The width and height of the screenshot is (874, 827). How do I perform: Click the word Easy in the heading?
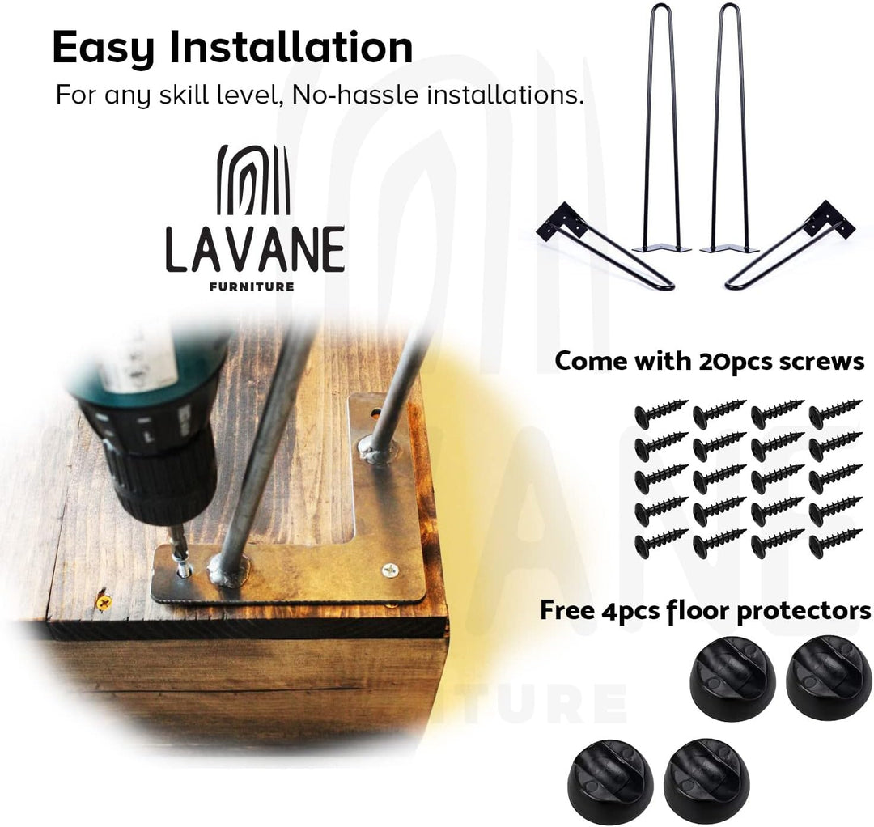(103, 49)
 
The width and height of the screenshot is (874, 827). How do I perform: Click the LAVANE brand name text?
(255, 250)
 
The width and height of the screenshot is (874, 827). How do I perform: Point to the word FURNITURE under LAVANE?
(252, 287)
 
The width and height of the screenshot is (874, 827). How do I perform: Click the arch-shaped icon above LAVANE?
(253, 180)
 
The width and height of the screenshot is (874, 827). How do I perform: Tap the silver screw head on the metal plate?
(390, 570)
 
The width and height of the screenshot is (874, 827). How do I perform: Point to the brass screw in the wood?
(104, 601)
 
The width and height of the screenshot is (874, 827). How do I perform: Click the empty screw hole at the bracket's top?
(375, 413)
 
